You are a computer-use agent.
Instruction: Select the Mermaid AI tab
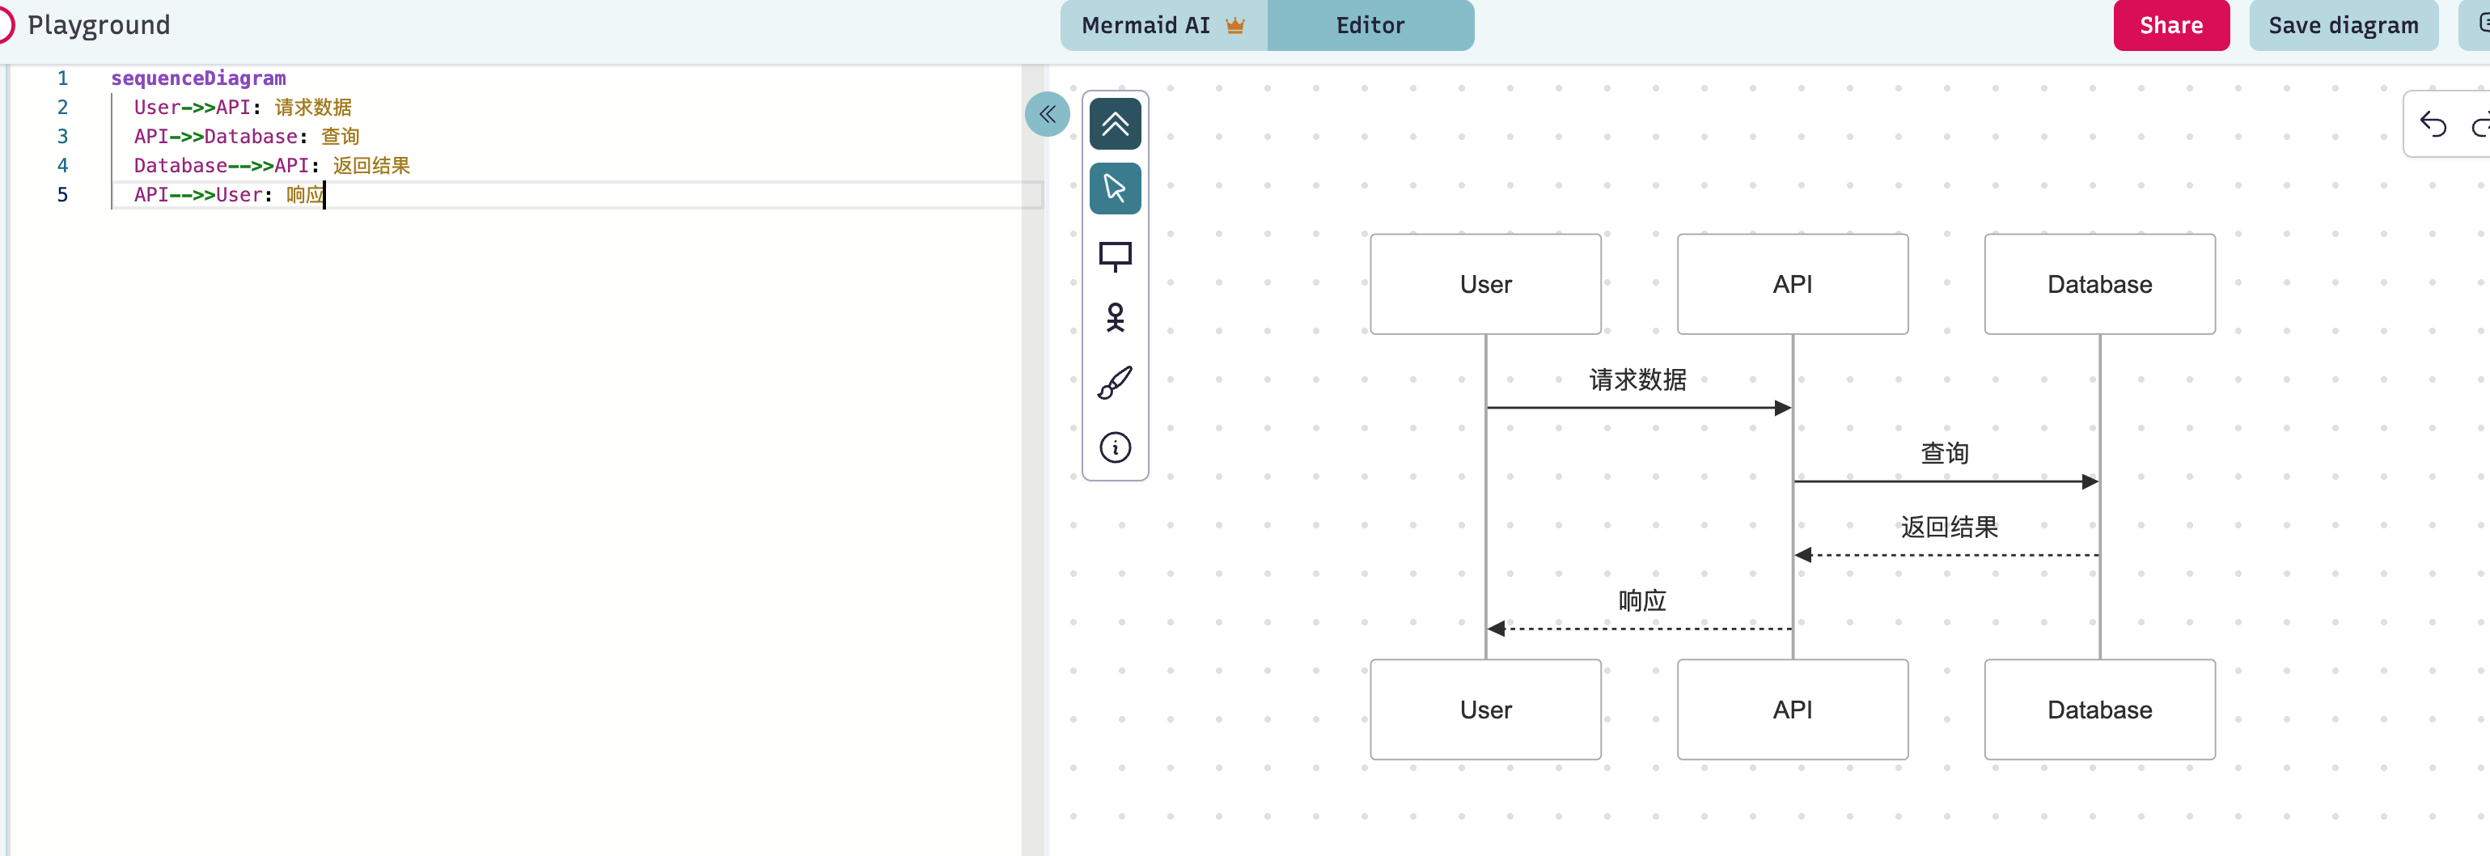(1162, 25)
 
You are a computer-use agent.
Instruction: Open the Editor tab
(1370, 25)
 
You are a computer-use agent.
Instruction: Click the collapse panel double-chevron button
(1047, 114)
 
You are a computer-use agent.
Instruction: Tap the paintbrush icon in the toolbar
(1115, 383)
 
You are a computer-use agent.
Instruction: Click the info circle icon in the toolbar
(1115, 447)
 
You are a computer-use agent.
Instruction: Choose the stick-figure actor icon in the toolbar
(1115, 317)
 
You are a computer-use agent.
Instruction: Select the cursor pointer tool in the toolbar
(1115, 188)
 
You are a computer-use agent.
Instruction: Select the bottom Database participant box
(2099, 710)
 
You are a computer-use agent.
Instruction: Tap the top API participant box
(1792, 284)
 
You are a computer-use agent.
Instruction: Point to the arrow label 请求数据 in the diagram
(1637, 380)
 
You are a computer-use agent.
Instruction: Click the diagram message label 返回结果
(1949, 528)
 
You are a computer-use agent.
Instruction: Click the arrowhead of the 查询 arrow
(2091, 481)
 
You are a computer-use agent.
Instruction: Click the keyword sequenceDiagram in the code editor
(198, 78)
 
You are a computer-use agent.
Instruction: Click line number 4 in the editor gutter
(63, 165)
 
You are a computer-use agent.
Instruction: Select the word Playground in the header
(99, 25)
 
